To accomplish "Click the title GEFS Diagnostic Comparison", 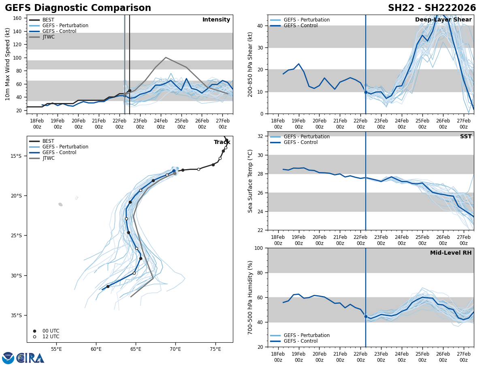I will click(x=78, y=8).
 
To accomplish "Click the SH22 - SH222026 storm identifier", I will click(x=432, y=8).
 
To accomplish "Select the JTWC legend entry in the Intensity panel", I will click(x=48, y=37).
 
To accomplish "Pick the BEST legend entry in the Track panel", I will click(x=48, y=141).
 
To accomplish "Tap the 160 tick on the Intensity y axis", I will click(x=18, y=18).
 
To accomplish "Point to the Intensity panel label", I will click(x=216, y=20).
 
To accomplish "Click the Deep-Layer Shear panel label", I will click(x=443, y=20).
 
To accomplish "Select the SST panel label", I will click(x=466, y=137).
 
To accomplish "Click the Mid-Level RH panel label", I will click(x=451, y=253).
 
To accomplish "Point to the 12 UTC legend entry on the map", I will click(x=51, y=337).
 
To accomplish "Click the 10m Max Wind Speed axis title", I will click(x=8, y=64).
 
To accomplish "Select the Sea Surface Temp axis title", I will click(x=250, y=181).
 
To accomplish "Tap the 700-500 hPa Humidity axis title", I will click(x=250, y=297).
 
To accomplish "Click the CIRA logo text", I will click(x=30, y=358).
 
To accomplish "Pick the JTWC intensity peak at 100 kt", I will click(x=166, y=58).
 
